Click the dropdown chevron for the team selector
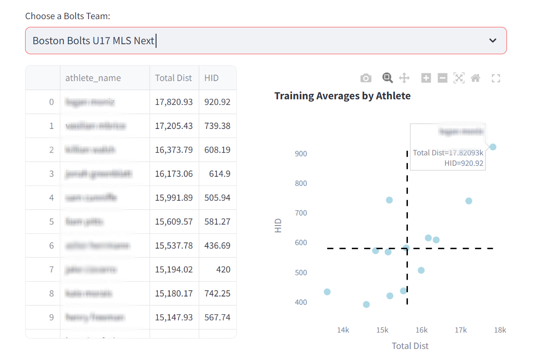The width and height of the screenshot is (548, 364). pos(493,41)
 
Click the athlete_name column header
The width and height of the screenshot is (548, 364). pos(93,78)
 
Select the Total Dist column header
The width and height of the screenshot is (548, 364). pos(173,78)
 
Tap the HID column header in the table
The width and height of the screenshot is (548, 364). pos(212,78)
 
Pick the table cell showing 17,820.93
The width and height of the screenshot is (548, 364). pos(174,102)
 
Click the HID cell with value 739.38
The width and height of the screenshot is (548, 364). pos(217,126)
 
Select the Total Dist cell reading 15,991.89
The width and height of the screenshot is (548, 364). pos(174,198)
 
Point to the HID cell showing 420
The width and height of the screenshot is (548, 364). pos(223,270)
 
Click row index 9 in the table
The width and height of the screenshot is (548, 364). pos(52,318)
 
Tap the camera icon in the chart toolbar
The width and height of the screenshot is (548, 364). pos(366,78)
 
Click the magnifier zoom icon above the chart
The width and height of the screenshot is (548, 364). pos(387,78)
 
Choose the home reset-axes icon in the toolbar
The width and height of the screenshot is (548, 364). pos(475,78)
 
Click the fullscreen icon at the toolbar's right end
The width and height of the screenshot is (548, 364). pos(496,78)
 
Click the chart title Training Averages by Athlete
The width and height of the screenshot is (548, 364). pos(342,96)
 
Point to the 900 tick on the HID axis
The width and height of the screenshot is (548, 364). pos(301,154)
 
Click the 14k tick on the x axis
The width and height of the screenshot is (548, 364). pos(343,330)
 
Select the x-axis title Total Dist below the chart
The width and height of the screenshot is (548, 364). pos(410,346)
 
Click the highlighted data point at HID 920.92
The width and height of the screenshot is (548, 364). pos(493,147)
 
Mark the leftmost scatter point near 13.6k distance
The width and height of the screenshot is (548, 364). pos(327,292)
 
